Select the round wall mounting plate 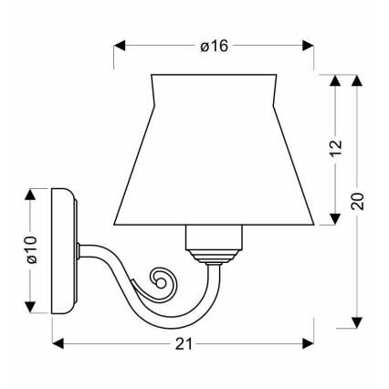[63, 249]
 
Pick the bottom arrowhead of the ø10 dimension [33, 307]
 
